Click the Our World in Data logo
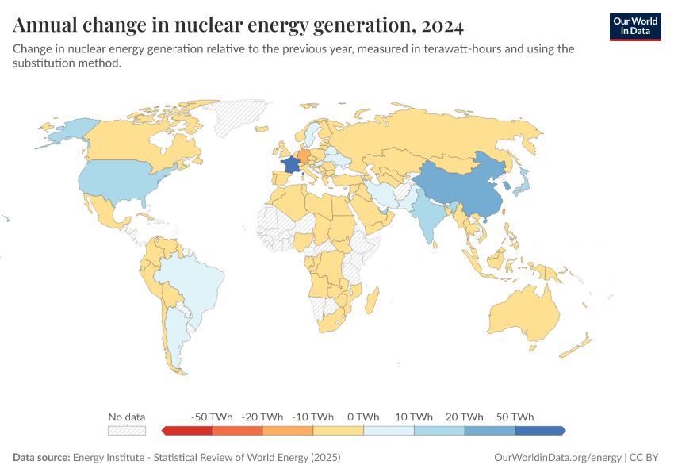634,26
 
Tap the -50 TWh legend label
212,416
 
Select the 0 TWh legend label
363,416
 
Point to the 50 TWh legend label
515,416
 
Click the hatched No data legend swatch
127,430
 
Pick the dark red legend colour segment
189,430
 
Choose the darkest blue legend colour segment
539,430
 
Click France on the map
291,163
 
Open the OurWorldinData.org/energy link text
557,458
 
